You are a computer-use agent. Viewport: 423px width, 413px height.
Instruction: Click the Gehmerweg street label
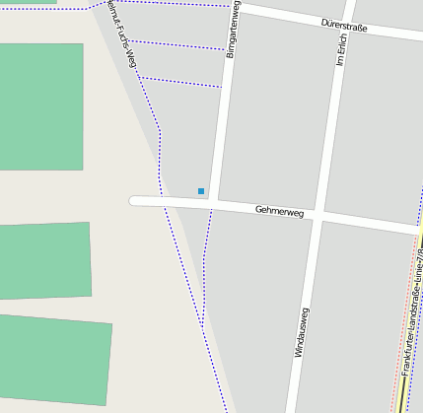click(x=279, y=210)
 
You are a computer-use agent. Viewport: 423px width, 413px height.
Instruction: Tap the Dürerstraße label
click(x=344, y=27)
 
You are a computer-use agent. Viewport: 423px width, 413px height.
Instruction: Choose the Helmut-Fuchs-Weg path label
click(x=123, y=30)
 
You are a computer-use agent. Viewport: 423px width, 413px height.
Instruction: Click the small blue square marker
click(x=201, y=191)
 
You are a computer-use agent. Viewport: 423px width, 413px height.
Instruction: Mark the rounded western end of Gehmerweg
click(x=135, y=200)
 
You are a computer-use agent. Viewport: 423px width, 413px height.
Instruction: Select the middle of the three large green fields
click(x=44, y=260)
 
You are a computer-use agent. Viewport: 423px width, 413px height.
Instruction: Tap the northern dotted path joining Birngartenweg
click(x=177, y=45)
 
